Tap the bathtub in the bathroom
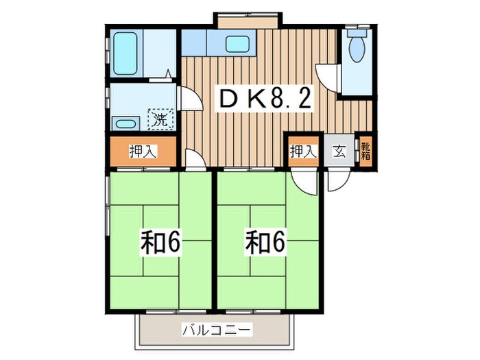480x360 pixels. click(x=126, y=52)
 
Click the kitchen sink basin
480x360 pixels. click(x=238, y=45)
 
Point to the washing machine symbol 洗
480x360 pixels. click(x=162, y=119)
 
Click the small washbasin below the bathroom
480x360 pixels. click(x=125, y=124)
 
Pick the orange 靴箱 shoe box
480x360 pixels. click(x=365, y=150)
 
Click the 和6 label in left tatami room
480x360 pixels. click(x=160, y=243)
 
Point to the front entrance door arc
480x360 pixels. click(x=337, y=179)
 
